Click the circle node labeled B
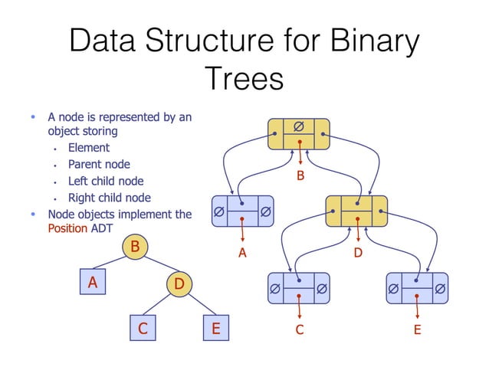pyautogui.click(x=135, y=247)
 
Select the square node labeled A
pyautogui.click(x=93, y=282)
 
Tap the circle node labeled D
pyautogui.click(x=178, y=284)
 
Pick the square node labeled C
pyautogui.click(x=143, y=329)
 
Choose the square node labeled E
pyautogui.click(x=215, y=329)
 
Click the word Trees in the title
pyautogui.click(x=244, y=79)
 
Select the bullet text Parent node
pyautogui.click(x=99, y=164)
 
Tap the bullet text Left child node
pyautogui.click(x=105, y=182)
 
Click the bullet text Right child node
pyautogui.click(x=108, y=198)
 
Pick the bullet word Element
pyautogui.click(x=88, y=147)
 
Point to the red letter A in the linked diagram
pyautogui.click(x=242, y=253)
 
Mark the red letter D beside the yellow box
pyautogui.click(x=358, y=253)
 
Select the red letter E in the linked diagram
pyautogui.click(x=417, y=329)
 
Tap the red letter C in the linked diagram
pyautogui.click(x=300, y=329)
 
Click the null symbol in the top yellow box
pyautogui.click(x=298, y=125)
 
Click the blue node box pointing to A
pyautogui.click(x=243, y=208)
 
